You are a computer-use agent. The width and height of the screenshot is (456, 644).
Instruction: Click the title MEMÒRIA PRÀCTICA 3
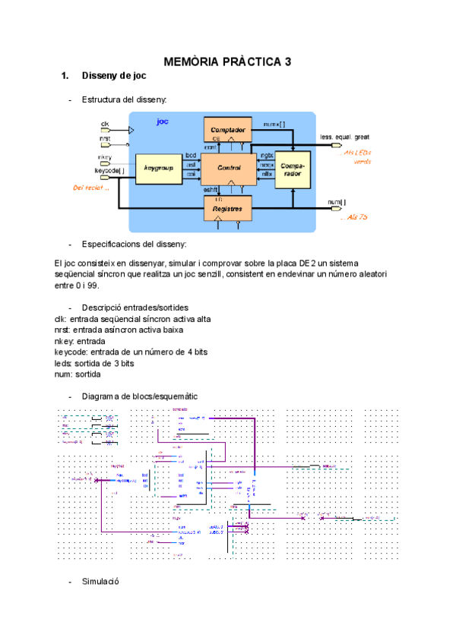tap(228, 62)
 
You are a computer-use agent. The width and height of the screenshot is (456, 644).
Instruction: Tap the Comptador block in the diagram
tap(227, 130)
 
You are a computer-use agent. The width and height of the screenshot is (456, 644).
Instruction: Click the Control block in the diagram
tap(229, 168)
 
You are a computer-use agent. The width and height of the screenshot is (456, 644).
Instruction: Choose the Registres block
tap(227, 207)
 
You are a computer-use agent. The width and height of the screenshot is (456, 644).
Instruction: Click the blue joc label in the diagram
tap(162, 121)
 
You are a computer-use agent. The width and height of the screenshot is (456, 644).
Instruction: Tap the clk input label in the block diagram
tap(105, 123)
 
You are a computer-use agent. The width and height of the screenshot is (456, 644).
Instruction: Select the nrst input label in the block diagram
tap(105, 139)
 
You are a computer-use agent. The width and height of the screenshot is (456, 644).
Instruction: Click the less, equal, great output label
tap(344, 137)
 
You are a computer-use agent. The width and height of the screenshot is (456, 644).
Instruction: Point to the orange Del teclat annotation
tap(90, 188)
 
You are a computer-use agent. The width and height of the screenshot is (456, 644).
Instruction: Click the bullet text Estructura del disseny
tap(124, 99)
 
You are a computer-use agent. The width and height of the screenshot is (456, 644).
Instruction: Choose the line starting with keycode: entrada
tap(131, 352)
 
